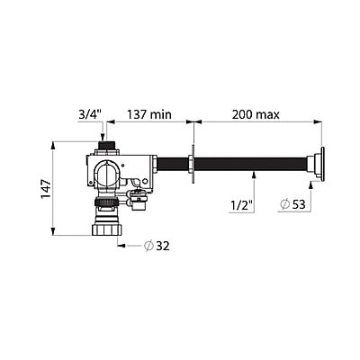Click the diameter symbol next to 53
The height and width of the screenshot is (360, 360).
pos(285,204)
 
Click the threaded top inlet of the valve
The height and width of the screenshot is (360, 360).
pos(107,144)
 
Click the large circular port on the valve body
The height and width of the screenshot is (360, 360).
pos(107,173)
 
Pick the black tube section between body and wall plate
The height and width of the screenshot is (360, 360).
pos(173,166)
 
